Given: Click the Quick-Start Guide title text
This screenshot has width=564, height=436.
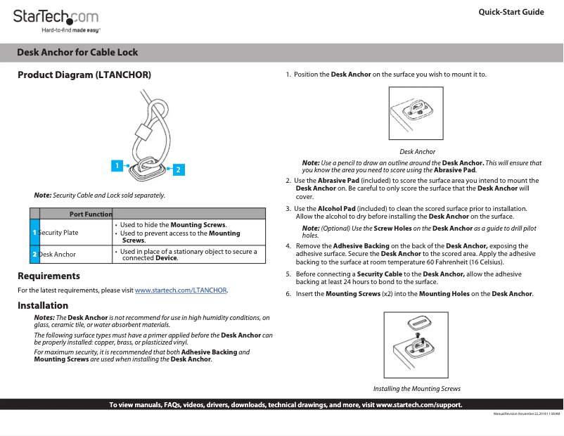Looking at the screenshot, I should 511,12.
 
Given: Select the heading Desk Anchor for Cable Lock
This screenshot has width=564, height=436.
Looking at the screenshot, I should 77,52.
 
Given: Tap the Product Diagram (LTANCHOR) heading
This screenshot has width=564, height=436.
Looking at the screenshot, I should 84,75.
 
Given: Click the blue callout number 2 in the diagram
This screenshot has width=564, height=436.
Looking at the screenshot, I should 179,169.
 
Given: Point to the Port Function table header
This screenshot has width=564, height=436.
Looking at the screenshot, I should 91,214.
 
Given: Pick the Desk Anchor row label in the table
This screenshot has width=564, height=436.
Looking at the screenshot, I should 57,254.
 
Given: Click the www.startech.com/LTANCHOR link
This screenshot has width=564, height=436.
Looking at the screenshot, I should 181,290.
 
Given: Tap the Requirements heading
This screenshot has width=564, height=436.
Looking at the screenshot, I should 49,276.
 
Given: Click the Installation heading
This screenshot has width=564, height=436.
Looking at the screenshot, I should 43,306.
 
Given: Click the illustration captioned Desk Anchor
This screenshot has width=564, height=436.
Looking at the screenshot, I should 416,114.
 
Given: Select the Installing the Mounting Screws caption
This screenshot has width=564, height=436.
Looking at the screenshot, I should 416,389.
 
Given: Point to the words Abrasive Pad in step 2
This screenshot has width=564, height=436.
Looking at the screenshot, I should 338,181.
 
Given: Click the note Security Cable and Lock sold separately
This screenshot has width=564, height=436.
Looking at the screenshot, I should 99,195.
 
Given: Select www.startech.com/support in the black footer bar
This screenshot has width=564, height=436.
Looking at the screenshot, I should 418,405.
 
